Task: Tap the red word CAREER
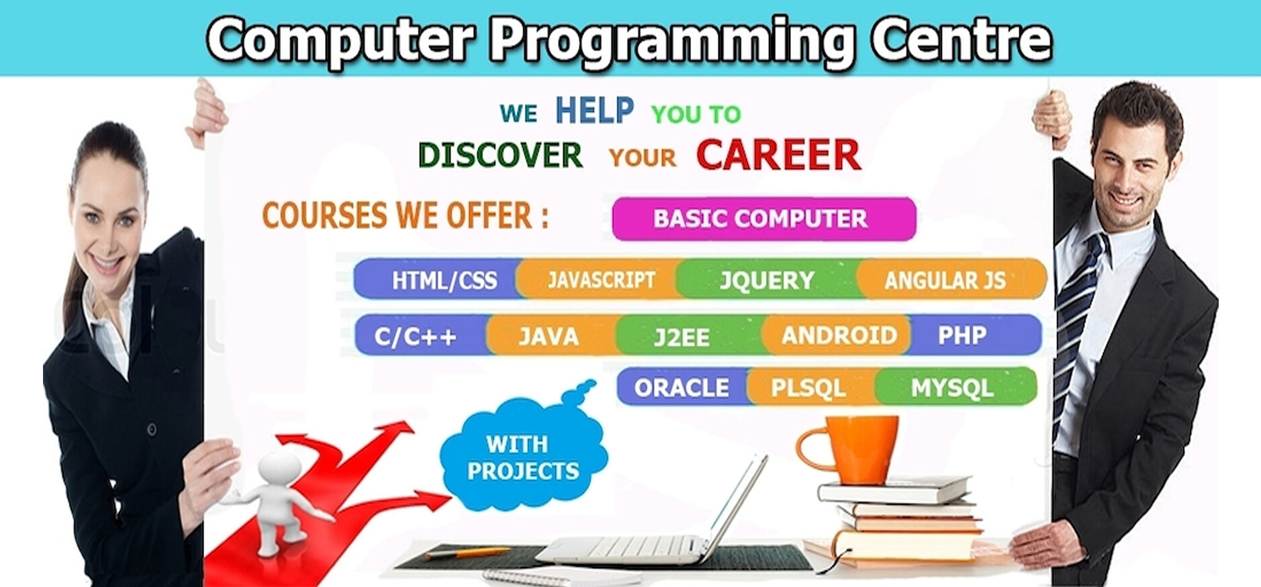click(778, 155)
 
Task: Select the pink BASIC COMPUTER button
click(764, 218)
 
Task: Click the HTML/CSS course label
click(445, 280)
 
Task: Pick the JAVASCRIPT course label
click(601, 279)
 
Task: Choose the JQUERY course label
click(767, 280)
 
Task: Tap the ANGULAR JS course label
click(945, 280)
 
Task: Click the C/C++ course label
click(416, 336)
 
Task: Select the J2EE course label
click(682, 336)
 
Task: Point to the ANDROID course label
click(839, 335)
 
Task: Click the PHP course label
click(962, 335)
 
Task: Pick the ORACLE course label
click(682, 388)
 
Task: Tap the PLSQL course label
click(808, 388)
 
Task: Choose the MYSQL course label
click(951, 388)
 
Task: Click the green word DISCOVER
click(500, 155)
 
